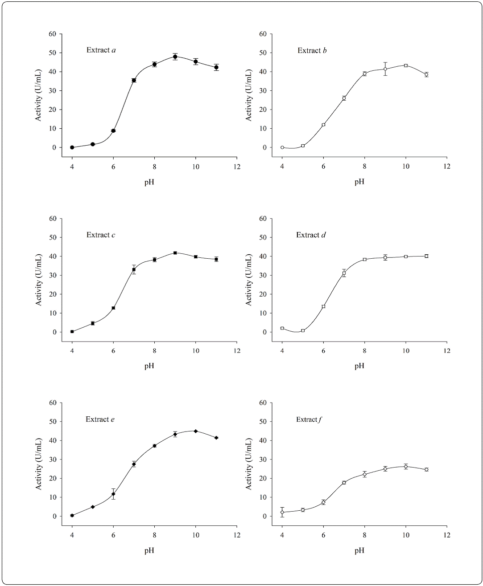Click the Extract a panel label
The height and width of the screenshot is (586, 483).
(x=101, y=50)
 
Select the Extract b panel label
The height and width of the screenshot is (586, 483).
(x=312, y=50)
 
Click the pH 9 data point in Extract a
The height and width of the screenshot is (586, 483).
(x=175, y=57)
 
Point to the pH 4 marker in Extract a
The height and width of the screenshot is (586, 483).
(x=72, y=147)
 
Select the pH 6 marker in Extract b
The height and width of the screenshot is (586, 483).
(x=323, y=125)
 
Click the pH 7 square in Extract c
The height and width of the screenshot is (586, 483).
(x=134, y=269)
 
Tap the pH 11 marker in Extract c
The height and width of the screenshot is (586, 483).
(x=216, y=259)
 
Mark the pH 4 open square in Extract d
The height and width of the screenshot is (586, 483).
(x=282, y=328)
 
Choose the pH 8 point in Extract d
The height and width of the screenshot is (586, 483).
(x=364, y=259)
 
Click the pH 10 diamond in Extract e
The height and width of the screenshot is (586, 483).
(x=195, y=431)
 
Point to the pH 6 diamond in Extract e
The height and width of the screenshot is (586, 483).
(x=113, y=494)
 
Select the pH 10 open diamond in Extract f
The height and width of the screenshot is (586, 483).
(x=406, y=467)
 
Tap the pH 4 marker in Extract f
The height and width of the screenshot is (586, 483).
(x=282, y=512)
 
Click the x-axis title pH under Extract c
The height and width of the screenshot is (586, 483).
(x=149, y=366)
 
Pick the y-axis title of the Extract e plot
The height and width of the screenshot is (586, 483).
(x=39, y=466)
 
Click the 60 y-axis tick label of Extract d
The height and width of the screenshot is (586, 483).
(x=263, y=218)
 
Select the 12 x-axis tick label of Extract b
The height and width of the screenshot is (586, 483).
(x=446, y=166)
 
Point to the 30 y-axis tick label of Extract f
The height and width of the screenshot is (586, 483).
(x=263, y=460)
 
